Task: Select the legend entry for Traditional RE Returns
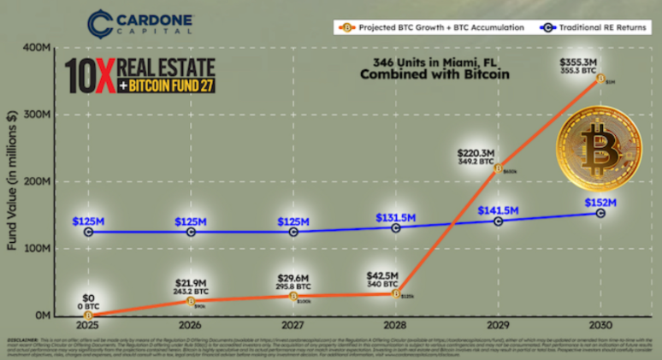[x=591, y=27]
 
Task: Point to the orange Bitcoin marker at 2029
[x=499, y=168]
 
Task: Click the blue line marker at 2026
[x=191, y=232]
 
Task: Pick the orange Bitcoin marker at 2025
[x=90, y=315]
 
